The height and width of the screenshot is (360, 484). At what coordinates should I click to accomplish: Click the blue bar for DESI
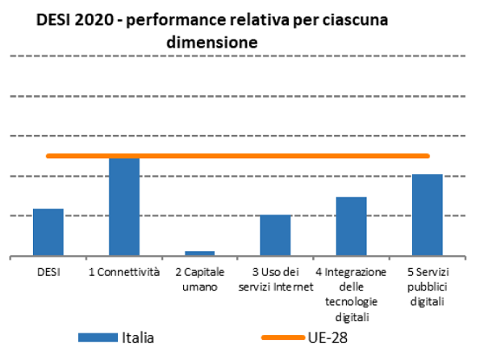[x=48, y=232]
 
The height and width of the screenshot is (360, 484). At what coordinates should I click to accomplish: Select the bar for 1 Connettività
[x=124, y=207]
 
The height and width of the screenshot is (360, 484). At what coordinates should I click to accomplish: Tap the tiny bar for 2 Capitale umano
[x=199, y=253]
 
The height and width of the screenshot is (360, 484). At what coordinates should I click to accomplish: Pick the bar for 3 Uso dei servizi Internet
[x=275, y=235]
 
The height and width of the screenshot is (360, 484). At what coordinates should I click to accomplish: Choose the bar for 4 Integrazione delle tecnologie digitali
[x=351, y=226]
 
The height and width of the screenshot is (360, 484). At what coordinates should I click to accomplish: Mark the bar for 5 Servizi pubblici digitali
[x=427, y=215]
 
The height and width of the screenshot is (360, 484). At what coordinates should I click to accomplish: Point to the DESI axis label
[x=48, y=272]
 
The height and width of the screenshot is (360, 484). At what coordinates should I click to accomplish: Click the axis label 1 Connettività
[x=124, y=272]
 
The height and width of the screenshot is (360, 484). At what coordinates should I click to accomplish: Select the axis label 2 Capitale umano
[x=199, y=278]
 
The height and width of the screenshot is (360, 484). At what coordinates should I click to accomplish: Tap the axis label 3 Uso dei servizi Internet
[x=275, y=278]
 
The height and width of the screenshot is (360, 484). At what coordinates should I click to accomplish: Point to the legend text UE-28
[x=332, y=337]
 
